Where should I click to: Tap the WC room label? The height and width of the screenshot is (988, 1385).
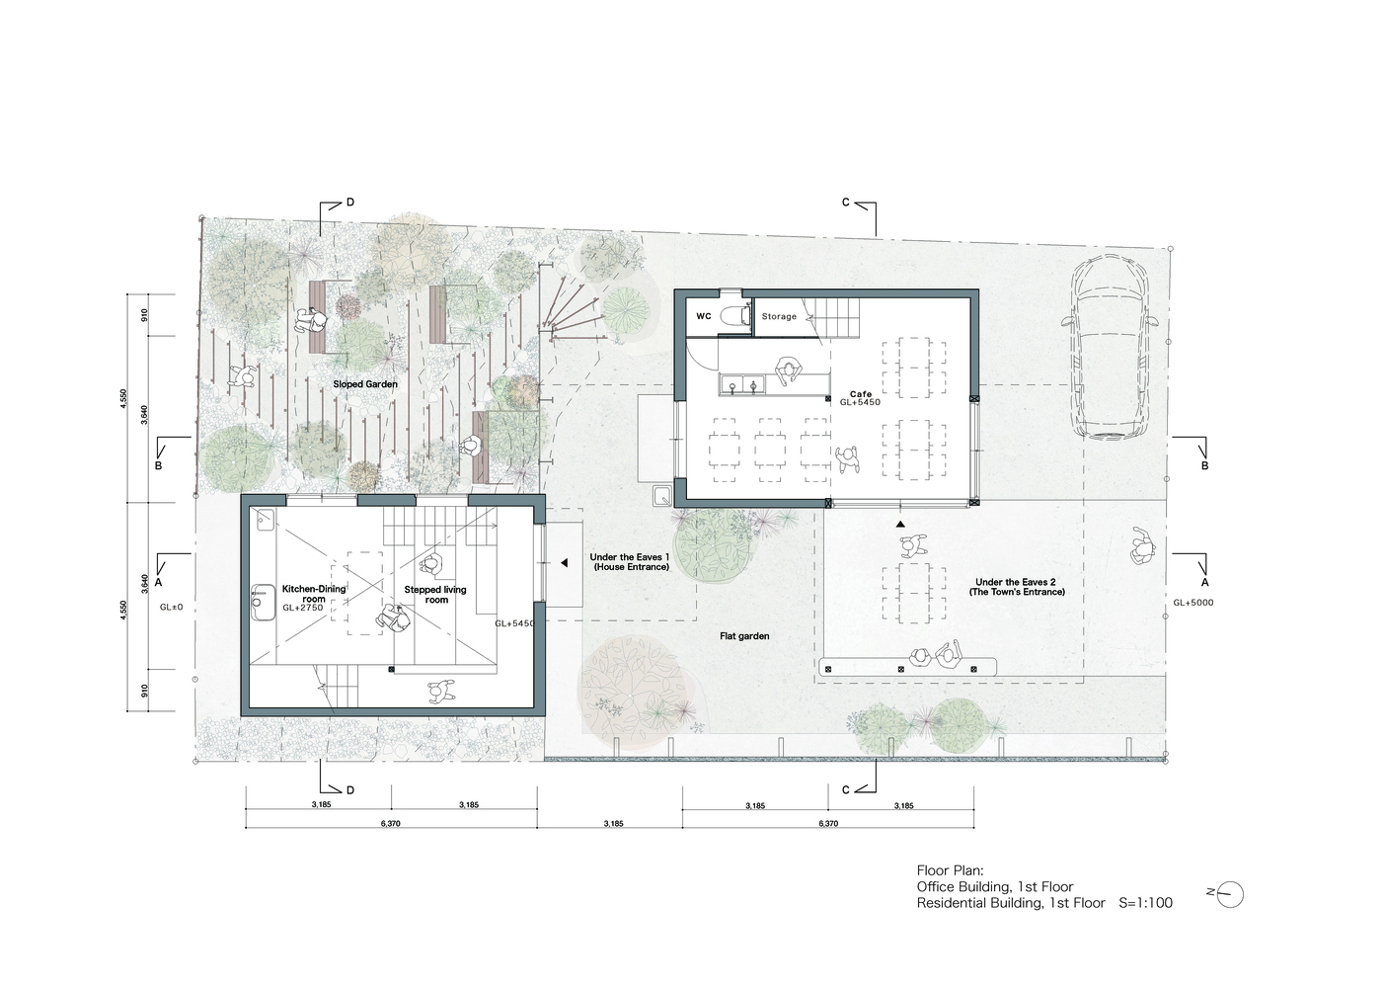tap(704, 316)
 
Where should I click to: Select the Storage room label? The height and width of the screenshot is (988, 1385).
tap(779, 316)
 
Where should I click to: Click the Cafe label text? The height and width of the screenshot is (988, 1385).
tap(861, 393)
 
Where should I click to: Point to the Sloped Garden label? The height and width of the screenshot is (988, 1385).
tap(365, 384)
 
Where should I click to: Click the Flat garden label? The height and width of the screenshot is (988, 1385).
tap(744, 636)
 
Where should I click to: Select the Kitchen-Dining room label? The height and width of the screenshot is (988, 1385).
tap(314, 594)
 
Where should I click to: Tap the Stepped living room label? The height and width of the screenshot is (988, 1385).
tap(435, 595)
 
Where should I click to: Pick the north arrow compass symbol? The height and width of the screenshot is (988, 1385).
tap(1229, 894)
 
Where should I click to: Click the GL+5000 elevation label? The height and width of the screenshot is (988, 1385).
tap(1193, 603)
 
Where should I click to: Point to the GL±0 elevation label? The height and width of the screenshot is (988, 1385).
tap(171, 608)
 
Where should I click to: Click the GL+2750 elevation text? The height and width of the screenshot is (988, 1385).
tap(303, 608)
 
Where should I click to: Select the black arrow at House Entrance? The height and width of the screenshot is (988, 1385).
tap(564, 563)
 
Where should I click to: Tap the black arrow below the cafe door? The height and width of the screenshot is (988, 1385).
tap(901, 525)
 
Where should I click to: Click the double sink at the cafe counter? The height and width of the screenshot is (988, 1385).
tap(742, 385)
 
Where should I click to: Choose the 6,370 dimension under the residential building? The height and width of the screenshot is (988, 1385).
tap(391, 823)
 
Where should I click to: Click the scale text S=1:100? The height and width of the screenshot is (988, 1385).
tap(1146, 903)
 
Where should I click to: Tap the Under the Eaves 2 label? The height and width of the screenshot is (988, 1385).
tap(1017, 587)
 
